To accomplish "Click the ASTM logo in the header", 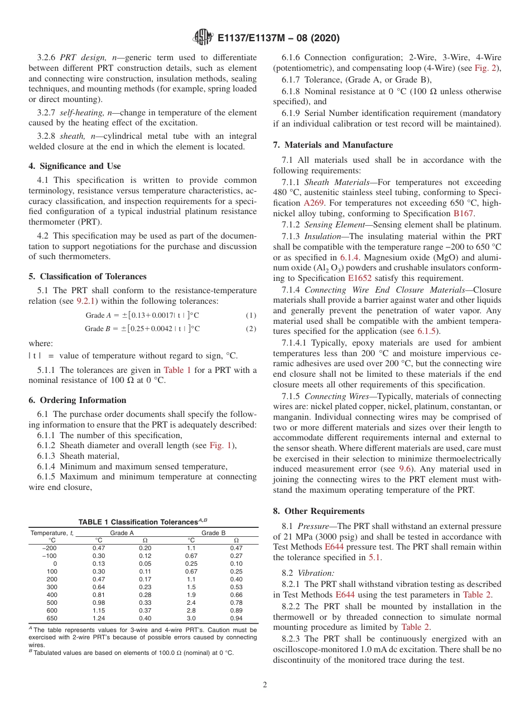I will click(x=202, y=38).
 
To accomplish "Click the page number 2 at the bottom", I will click(x=265, y=684).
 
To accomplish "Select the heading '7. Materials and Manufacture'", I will click(x=333, y=145).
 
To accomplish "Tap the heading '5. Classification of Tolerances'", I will click(x=88, y=276).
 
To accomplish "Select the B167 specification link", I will click(x=464, y=214).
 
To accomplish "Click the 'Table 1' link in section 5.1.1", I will click(x=177, y=370).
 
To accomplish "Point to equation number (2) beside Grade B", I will click(x=250, y=329).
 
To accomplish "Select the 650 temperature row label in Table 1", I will click(x=51, y=618).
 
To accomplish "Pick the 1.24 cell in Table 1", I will click(x=99, y=618).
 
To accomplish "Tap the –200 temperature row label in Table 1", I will click(x=50, y=548).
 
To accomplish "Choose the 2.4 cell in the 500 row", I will click(x=191, y=602).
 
